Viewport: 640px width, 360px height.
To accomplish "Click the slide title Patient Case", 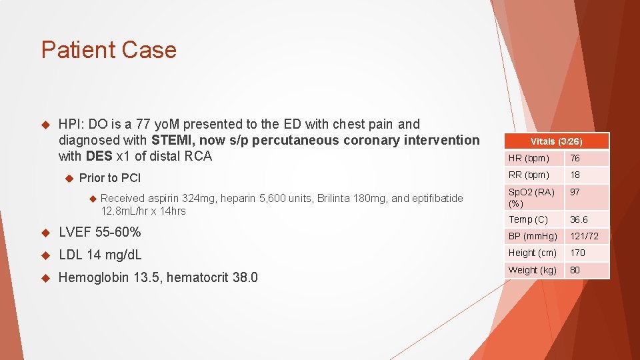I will (109, 50).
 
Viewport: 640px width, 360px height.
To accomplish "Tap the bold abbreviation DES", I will (99, 156).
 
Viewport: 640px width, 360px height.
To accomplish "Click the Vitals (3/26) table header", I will (556, 141).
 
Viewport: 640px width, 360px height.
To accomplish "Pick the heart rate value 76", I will (575, 159).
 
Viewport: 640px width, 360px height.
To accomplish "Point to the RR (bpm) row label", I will (529, 175).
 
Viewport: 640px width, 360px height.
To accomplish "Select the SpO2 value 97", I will (575, 192).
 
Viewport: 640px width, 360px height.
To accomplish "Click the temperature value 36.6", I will (579, 219).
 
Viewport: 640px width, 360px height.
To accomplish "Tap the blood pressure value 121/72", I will (584, 236).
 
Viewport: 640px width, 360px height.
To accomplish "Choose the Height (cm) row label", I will (532, 253).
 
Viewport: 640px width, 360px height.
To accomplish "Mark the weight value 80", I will (575, 270).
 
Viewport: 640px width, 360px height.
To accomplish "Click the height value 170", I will (577, 253).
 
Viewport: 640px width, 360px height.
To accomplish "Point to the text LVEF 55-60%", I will (100, 233).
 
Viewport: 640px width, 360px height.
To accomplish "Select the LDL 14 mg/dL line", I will (100, 255).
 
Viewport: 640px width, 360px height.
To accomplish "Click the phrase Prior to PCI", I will (110, 178).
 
